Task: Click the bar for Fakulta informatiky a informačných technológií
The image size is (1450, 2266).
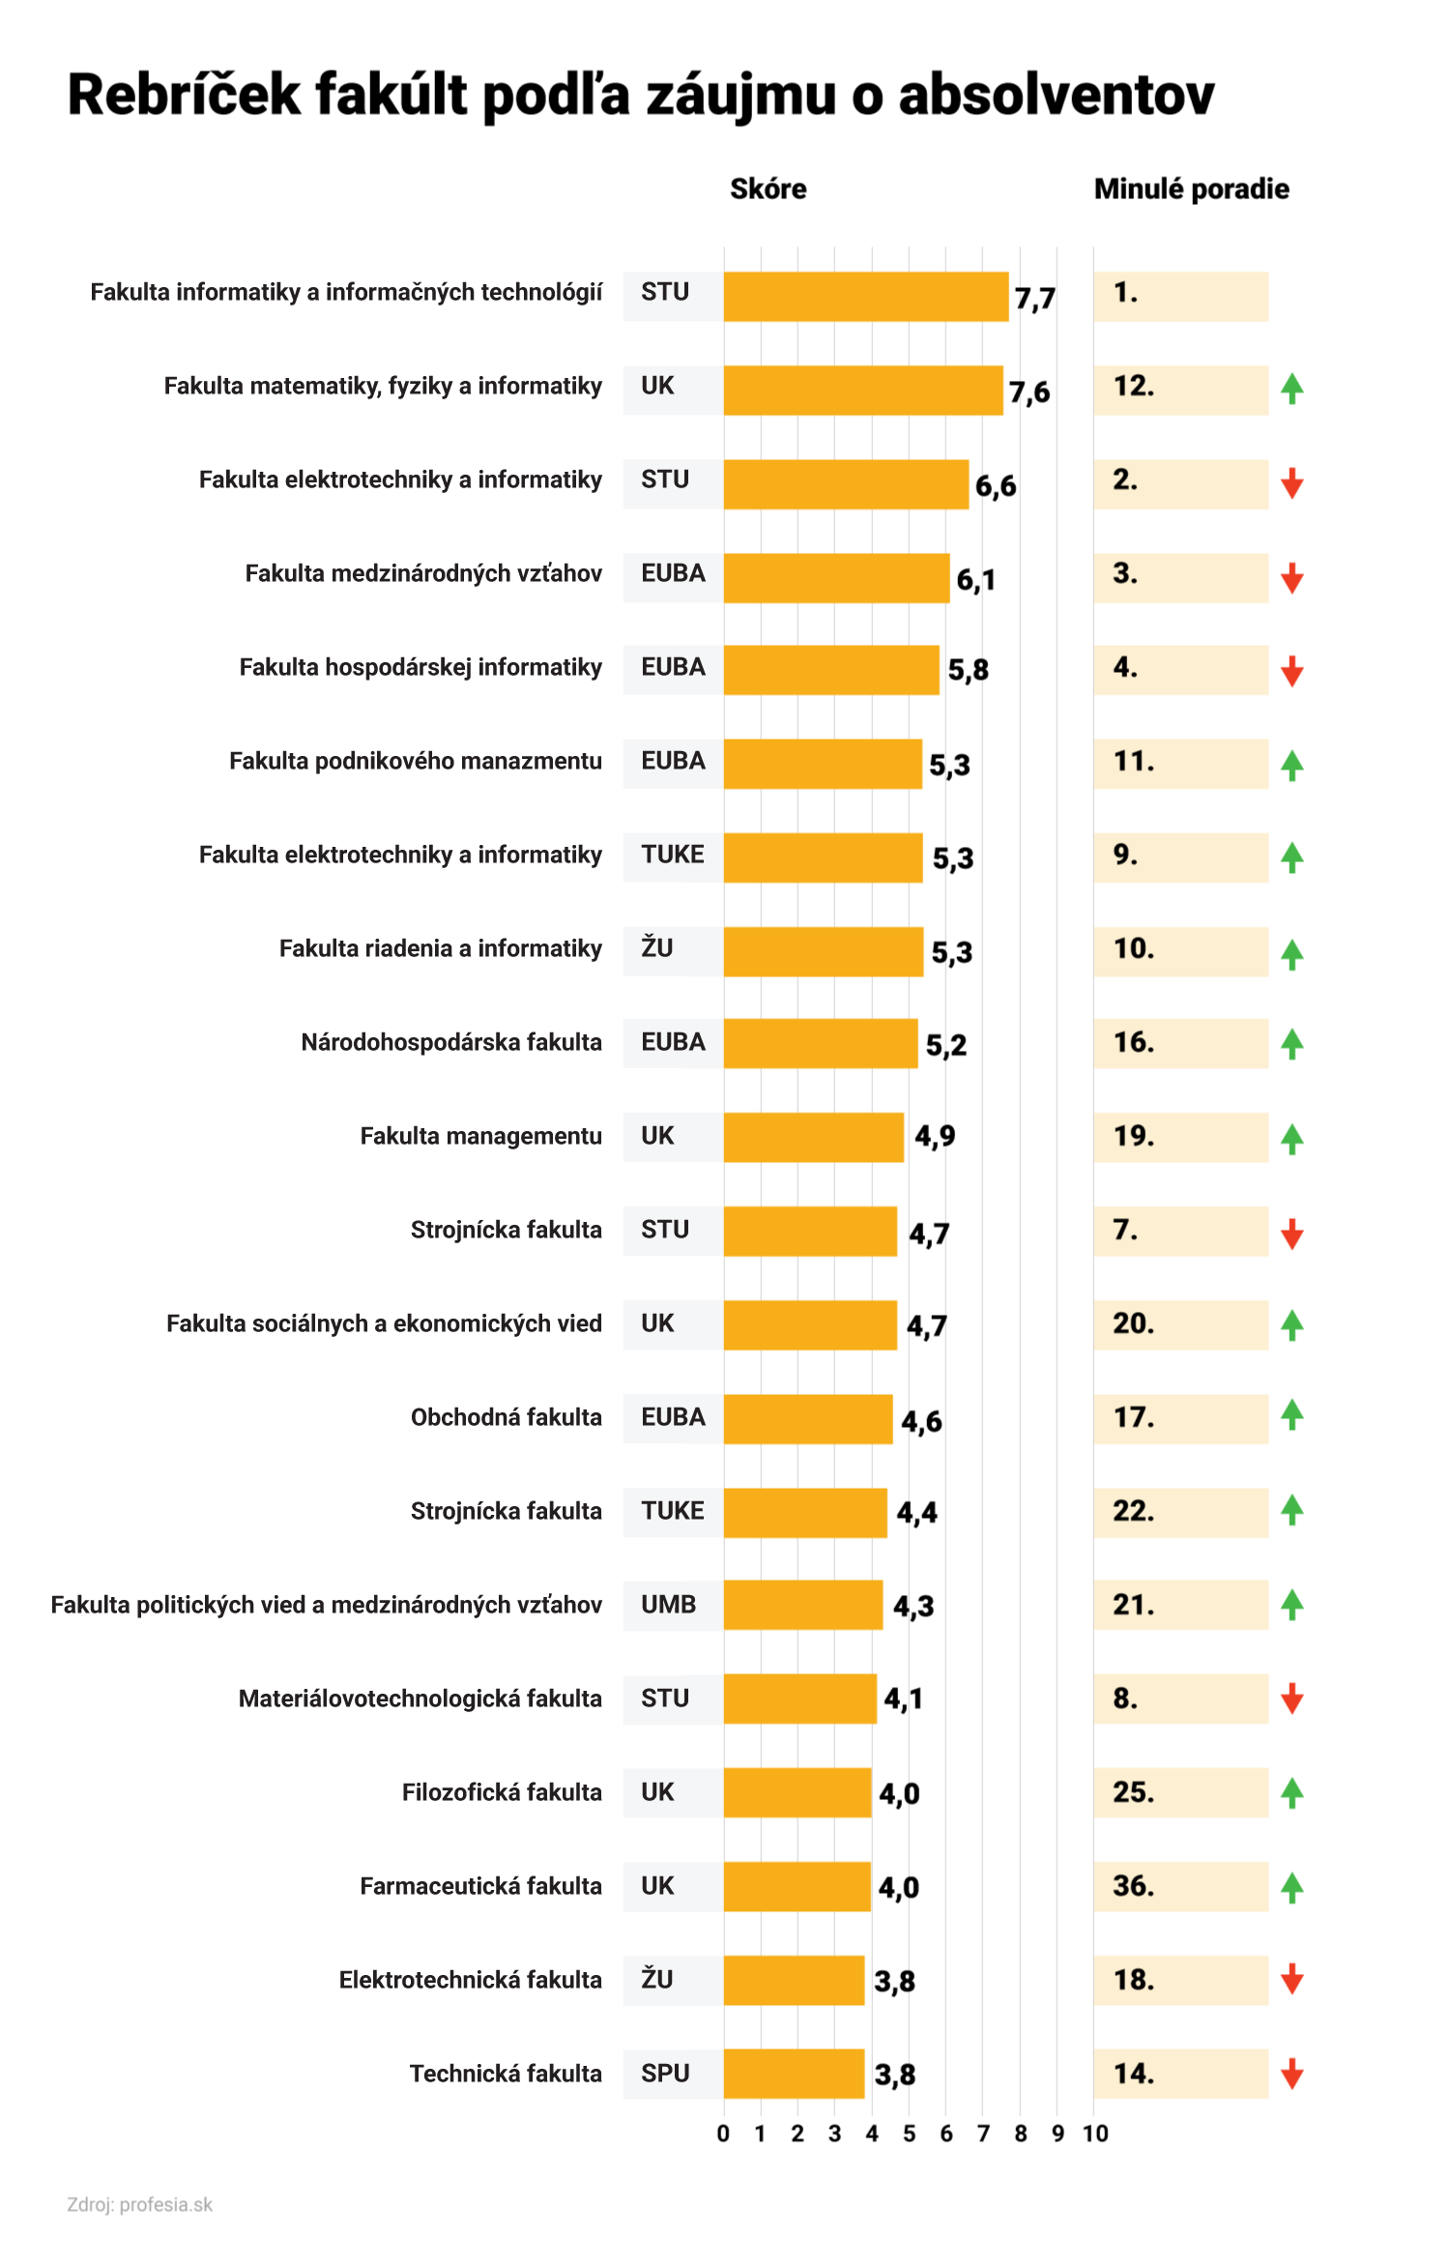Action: pos(865,296)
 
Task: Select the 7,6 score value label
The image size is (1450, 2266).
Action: pos(1029,392)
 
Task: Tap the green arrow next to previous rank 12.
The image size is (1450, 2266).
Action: pos(1291,389)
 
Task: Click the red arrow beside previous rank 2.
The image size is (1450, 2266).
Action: pos(1291,482)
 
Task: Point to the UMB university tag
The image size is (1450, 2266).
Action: pos(669,1605)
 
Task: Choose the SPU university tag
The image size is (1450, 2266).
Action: pos(666,2074)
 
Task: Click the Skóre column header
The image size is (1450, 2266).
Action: pos(768,189)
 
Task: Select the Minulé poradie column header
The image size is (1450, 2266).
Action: pos(1191,189)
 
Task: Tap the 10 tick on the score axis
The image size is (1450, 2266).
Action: pos(1095,2134)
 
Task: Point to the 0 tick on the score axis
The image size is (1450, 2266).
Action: pos(723,2134)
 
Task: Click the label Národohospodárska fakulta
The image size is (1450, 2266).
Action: pos(450,1042)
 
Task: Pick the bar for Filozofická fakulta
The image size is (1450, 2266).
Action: pos(797,1792)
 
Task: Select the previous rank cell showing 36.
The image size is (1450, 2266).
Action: pos(1179,1886)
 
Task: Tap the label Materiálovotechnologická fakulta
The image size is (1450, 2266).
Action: pos(420,1699)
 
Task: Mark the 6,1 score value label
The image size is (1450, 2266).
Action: pos(975,579)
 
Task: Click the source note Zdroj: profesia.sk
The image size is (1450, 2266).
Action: pos(139,2205)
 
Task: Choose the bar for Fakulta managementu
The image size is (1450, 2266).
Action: pos(813,1137)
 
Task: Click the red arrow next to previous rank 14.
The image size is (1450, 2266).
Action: pos(1291,2074)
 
